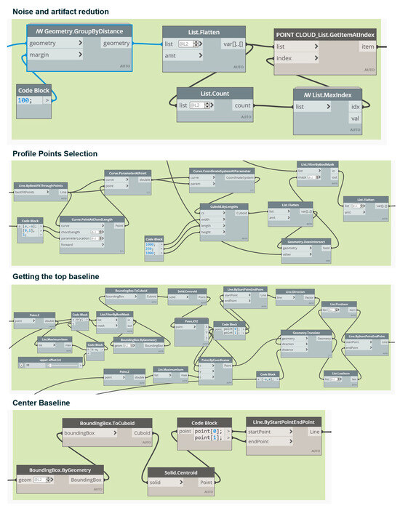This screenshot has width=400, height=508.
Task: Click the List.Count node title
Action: pyautogui.click(x=215, y=94)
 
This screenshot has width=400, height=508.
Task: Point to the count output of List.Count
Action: pyautogui.click(x=241, y=106)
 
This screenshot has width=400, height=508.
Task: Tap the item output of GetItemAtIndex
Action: pyautogui.click(x=367, y=47)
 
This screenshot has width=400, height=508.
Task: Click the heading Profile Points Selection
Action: pyautogui.click(x=55, y=153)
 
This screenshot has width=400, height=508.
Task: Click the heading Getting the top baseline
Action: pyautogui.click(x=55, y=277)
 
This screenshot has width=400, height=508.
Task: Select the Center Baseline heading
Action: pyautogui.click(x=42, y=402)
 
